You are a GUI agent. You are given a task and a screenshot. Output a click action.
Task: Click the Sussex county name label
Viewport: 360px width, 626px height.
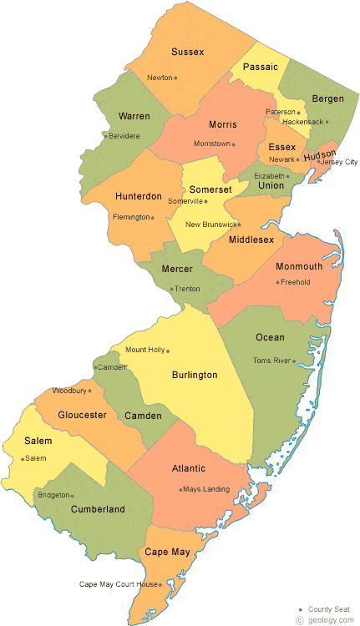187,52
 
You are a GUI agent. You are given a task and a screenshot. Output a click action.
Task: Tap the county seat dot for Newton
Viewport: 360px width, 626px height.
175,78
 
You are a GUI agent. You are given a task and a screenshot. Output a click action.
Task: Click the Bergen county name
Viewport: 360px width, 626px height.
327,98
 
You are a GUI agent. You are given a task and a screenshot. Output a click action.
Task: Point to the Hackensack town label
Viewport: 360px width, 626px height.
302,122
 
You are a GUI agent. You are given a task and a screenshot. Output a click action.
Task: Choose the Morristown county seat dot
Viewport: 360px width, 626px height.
234,144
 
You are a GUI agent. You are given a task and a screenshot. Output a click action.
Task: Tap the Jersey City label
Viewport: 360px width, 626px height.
337,161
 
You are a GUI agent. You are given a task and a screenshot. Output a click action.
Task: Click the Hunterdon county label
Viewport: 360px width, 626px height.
139,196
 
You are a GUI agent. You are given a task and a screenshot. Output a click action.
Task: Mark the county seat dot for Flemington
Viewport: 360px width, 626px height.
153,218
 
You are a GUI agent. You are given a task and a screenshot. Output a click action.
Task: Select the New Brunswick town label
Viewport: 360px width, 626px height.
210,225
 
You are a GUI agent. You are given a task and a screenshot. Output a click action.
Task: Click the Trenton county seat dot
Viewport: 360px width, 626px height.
171,290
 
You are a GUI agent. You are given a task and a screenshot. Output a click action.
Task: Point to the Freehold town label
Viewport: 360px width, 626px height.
296,282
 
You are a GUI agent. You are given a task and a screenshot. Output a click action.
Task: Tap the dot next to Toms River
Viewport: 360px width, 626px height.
295,361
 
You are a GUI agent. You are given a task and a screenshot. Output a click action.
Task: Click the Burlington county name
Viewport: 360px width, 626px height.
194,375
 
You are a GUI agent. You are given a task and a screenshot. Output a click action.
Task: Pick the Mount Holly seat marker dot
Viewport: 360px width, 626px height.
168,351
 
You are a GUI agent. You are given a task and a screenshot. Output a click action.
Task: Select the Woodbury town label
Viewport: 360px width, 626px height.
68,391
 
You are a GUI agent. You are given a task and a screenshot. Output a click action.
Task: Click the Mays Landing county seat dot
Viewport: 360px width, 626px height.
180,490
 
